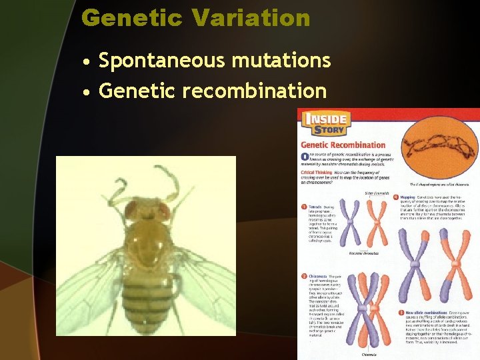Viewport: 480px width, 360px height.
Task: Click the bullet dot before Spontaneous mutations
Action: (x=87, y=62)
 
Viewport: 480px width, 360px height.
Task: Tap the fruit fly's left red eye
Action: (x=131, y=212)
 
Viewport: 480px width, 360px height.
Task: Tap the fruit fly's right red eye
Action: (x=163, y=211)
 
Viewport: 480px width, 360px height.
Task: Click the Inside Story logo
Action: (x=326, y=125)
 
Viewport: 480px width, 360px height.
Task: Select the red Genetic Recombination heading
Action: (x=343, y=145)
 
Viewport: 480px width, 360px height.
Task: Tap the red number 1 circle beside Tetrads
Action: (x=305, y=207)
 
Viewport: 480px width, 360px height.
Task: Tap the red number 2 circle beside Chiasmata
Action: (x=305, y=276)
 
